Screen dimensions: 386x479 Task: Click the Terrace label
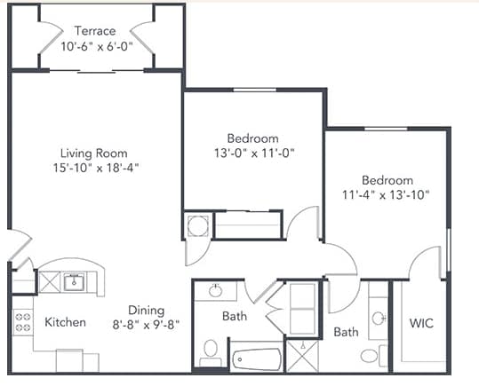pyautogui.click(x=94, y=31)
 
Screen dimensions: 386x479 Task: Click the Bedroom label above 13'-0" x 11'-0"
pyautogui.click(x=252, y=138)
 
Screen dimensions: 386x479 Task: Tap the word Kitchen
pyautogui.click(x=65, y=322)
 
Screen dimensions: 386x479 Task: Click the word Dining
pyautogui.click(x=146, y=310)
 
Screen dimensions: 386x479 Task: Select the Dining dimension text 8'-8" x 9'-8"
pyautogui.click(x=146, y=325)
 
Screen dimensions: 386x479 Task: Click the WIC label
pyautogui.click(x=421, y=323)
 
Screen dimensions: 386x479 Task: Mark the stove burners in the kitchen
pyautogui.click(x=21, y=322)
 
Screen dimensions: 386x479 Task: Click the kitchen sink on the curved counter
pyautogui.click(x=73, y=283)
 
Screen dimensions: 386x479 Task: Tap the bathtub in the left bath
pyautogui.click(x=256, y=359)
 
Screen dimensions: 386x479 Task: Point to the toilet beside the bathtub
pyautogui.click(x=211, y=351)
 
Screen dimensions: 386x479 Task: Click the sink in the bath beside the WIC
pyautogui.click(x=379, y=317)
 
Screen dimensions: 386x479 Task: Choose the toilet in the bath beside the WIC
pyautogui.click(x=369, y=355)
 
